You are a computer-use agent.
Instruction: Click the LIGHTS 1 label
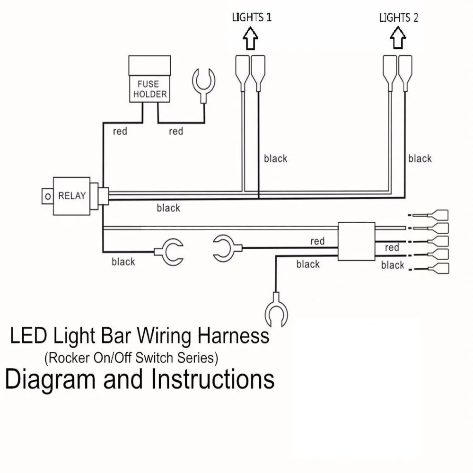coord(252,17)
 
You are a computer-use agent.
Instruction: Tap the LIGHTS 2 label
coord(398,18)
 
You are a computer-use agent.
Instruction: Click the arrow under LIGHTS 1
coord(250,38)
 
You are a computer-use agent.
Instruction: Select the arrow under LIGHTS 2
coord(398,38)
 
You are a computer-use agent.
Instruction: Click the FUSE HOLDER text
coord(149,89)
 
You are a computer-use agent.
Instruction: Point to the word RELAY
coord(72,196)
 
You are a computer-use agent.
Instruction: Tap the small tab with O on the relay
coord(47,196)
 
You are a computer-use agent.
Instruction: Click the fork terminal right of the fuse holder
coord(203,85)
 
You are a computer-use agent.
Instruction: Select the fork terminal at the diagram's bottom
coord(276,310)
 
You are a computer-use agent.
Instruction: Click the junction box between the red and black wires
coord(357,241)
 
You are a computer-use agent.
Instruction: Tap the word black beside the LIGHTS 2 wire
coord(420,158)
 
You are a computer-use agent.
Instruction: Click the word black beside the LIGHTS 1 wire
coord(275,158)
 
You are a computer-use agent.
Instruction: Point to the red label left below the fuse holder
coord(120,131)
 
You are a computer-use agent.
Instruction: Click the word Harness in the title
coord(234,335)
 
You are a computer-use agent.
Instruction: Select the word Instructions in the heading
coord(213,379)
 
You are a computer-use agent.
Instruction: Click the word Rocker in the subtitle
coord(69,358)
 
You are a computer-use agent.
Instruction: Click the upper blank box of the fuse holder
coord(149,65)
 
